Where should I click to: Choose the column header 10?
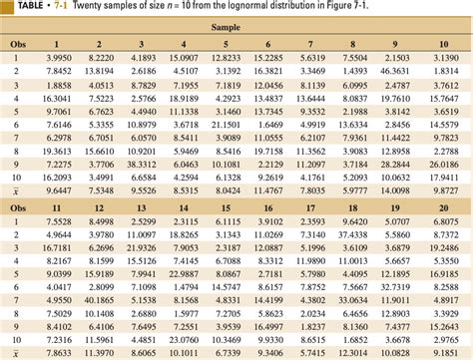[438, 44]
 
